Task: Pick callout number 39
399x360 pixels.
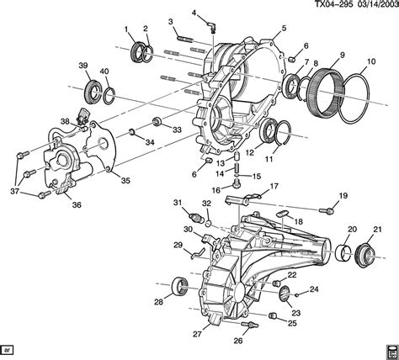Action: coord(83,66)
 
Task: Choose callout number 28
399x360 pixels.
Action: coord(158,300)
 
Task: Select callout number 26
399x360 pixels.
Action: coord(237,341)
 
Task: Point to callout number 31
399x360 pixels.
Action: coord(178,203)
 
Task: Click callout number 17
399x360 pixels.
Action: coord(274,186)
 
